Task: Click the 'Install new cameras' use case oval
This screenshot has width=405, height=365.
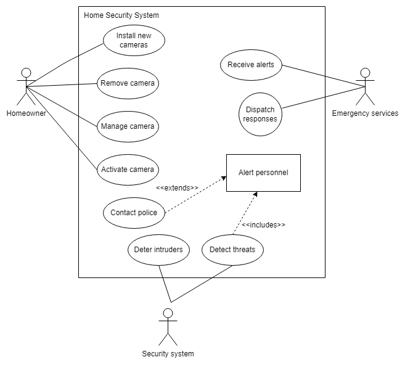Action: (133, 40)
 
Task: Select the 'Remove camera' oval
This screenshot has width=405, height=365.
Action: (128, 83)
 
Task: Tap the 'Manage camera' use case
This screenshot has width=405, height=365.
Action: (128, 126)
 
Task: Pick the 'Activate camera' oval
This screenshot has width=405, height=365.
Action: (128, 170)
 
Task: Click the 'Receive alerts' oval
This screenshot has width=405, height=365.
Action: (251, 65)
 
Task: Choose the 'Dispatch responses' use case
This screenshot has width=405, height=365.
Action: (260, 114)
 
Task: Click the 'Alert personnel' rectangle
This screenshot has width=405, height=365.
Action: (263, 173)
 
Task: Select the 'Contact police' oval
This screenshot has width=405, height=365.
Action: (134, 213)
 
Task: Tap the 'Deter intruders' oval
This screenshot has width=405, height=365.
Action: (158, 250)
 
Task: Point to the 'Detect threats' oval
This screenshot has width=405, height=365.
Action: (232, 250)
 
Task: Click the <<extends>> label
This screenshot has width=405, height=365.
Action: (177, 187)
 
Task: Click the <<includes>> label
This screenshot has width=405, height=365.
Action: (263, 225)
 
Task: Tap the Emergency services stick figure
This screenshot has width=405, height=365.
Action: (365, 86)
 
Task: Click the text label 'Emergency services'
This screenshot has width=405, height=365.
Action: (365, 113)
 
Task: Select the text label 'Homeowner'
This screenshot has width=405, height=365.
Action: (26, 113)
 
